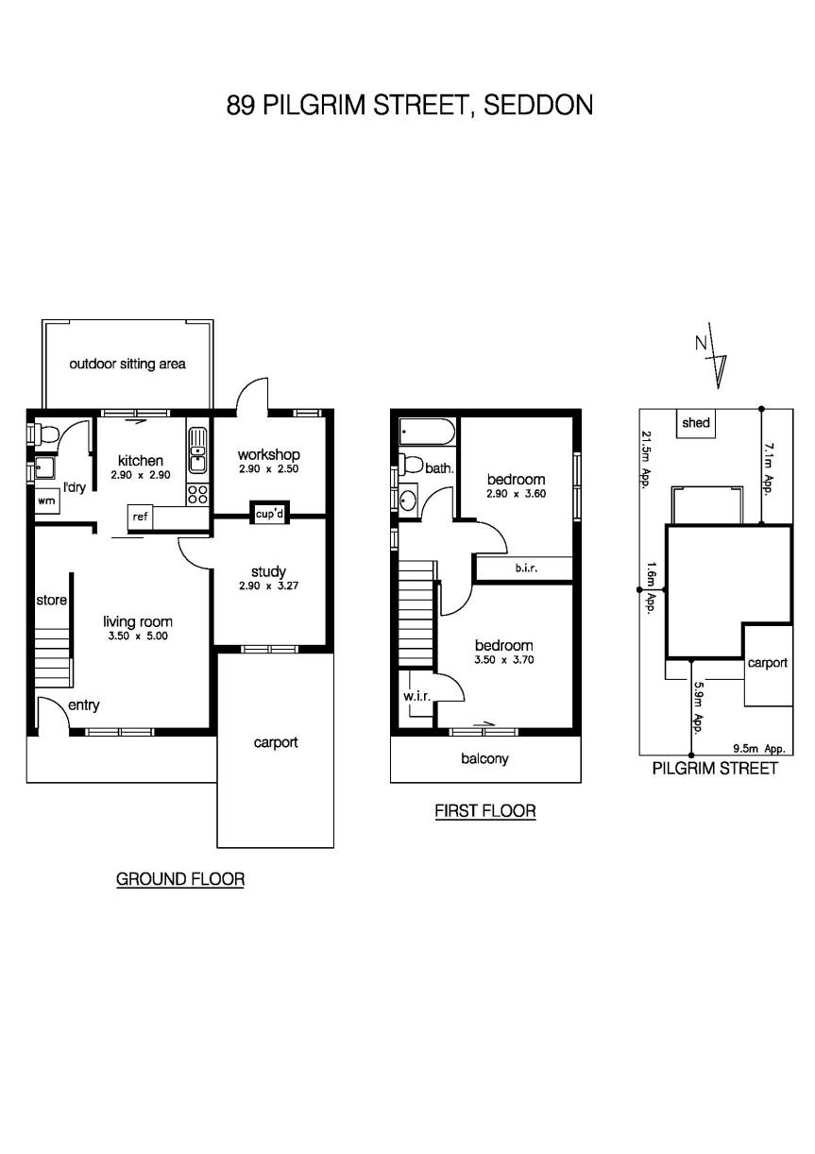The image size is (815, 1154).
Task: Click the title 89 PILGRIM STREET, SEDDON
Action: click(409, 104)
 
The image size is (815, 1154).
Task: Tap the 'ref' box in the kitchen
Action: click(140, 517)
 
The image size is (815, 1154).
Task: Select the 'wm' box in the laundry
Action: click(45, 501)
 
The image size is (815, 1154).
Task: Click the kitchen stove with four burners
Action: click(198, 494)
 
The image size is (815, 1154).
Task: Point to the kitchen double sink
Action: click(197, 450)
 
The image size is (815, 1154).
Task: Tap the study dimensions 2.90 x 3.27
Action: click(268, 586)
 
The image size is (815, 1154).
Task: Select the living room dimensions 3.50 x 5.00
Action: click(137, 637)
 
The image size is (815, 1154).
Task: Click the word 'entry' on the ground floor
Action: click(83, 704)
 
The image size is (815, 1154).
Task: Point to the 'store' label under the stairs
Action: click(51, 601)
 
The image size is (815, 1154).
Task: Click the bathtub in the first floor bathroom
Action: click(427, 433)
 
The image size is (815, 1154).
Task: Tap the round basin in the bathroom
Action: click(409, 500)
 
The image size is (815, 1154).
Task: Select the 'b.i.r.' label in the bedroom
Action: click(526, 569)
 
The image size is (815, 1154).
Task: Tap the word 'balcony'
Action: click(484, 758)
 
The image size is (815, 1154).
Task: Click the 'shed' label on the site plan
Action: click(695, 423)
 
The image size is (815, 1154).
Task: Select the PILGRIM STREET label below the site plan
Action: click(715, 769)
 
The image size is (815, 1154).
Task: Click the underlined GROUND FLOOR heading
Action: click(179, 879)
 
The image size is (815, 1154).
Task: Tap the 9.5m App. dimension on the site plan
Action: click(759, 749)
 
